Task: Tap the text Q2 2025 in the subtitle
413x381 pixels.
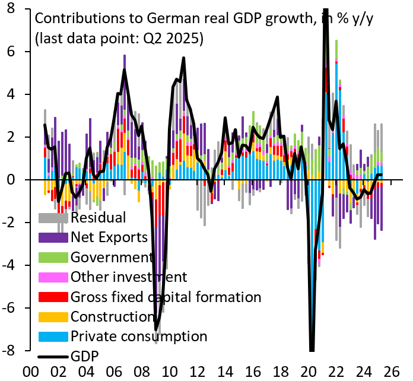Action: pos(177,40)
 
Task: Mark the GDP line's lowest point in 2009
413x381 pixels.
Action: pos(156,329)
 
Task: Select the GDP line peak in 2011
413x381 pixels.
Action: pos(184,58)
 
